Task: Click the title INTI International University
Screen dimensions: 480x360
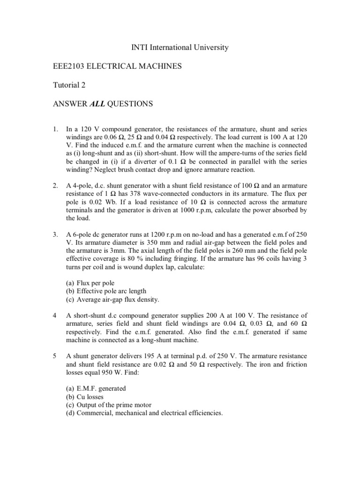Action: pos(180,47)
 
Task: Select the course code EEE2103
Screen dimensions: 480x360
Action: pos(69,67)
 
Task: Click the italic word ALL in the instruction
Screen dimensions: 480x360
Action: pos(97,104)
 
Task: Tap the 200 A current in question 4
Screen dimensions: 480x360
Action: pos(211,315)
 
